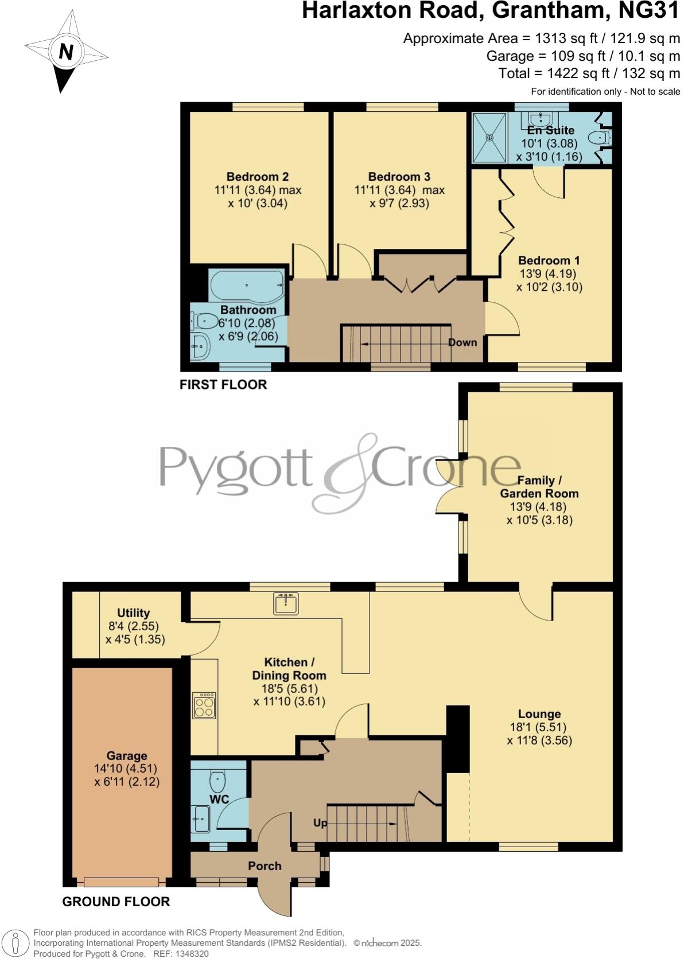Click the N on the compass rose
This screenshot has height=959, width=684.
[66, 52]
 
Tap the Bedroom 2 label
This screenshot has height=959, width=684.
[257, 177]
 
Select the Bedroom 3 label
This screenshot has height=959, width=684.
[399, 177]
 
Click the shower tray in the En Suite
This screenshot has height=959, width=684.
[489, 138]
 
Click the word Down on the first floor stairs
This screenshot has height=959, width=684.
[463, 342]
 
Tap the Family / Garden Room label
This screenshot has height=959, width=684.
[539, 486]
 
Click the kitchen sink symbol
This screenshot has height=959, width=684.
[286, 603]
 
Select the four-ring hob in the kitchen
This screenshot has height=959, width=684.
[205, 705]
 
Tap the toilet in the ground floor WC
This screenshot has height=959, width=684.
[218, 780]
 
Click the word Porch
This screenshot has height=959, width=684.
[265, 866]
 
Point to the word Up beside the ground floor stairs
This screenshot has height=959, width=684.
[320, 823]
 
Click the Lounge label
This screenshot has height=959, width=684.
[539, 714]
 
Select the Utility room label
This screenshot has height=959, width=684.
[134, 613]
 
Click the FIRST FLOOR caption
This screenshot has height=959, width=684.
[223, 384]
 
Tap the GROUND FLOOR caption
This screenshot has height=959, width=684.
[116, 902]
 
